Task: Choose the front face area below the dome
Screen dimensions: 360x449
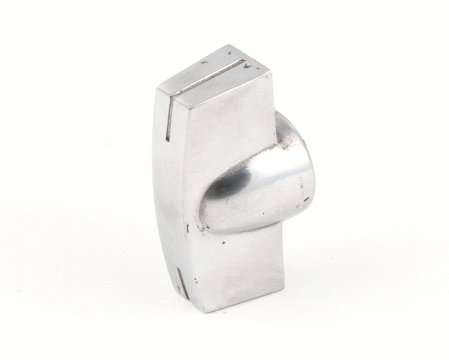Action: [238, 266]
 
